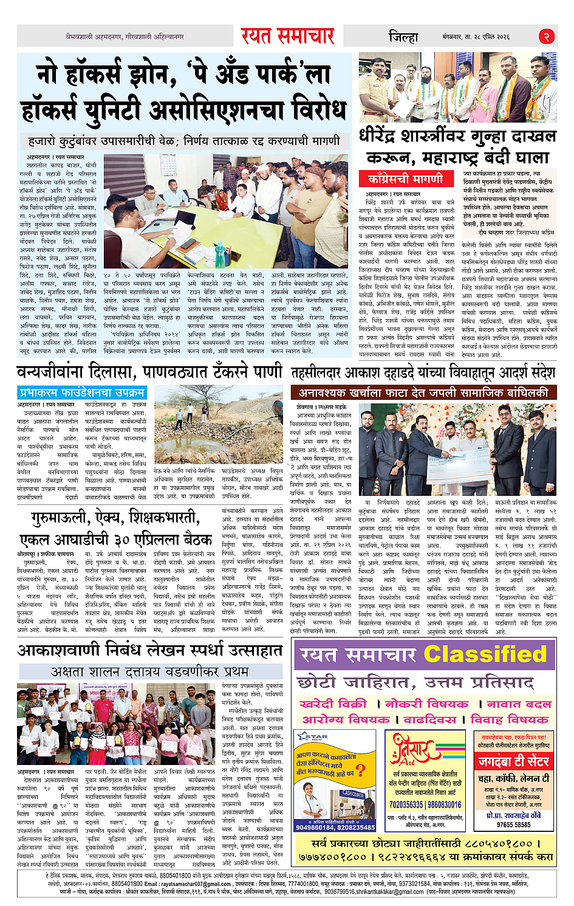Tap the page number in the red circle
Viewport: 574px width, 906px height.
click(547, 36)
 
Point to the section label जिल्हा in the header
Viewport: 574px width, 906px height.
click(403, 37)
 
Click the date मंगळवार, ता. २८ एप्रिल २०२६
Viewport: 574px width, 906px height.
click(484, 37)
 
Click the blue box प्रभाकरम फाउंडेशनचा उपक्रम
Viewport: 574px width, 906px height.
click(81, 392)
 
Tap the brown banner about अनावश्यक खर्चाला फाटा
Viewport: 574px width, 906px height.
click(423, 393)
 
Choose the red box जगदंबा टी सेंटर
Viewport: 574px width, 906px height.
click(513, 761)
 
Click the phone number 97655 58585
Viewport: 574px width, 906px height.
click(513, 825)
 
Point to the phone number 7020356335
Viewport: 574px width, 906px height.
click(406, 804)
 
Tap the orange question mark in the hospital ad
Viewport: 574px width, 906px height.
click(361, 770)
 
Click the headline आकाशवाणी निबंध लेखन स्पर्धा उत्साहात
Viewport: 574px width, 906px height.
click(149, 650)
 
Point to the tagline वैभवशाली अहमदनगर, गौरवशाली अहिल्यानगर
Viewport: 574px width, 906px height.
click(125, 37)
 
